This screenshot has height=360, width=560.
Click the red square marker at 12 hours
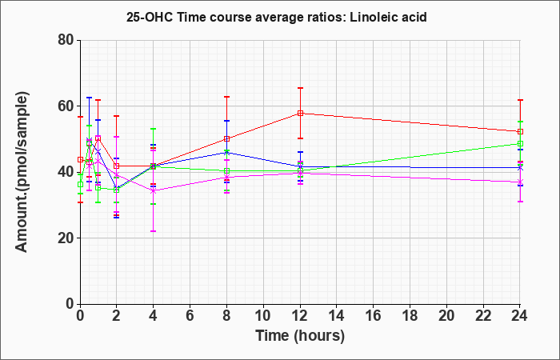click(x=300, y=114)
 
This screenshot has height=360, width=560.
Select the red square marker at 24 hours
click(x=520, y=131)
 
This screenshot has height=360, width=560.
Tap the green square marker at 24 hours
click(x=520, y=143)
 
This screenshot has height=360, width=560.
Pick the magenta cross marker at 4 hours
click(x=154, y=190)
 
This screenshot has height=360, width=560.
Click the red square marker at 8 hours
click(x=226, y=138)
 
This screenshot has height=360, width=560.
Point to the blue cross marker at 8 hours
click(x=226, y=153)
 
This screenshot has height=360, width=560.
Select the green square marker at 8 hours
click(x=226, y=170)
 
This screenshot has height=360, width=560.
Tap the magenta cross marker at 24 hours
click(x=520, y=182)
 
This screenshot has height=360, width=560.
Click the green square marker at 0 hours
click(x=80, y=184)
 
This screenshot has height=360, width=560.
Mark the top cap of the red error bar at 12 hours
click(x=300, y=88)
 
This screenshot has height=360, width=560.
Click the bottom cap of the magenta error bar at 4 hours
click(x=154, y=231)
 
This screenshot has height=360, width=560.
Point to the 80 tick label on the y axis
click(x=66, y=40)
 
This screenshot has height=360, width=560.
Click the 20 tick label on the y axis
click(x=66, y=238)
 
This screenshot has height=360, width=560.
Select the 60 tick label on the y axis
click(x=66, y=106)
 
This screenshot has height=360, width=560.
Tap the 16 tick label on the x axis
click(x=374, y=316)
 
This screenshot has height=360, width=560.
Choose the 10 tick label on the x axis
click(x=263, y=316)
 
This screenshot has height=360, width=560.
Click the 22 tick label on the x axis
click(x=483, y=316)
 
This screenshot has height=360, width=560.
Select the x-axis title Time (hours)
click(x=300, y=336)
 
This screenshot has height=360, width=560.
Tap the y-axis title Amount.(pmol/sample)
click(x=22, y=172)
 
